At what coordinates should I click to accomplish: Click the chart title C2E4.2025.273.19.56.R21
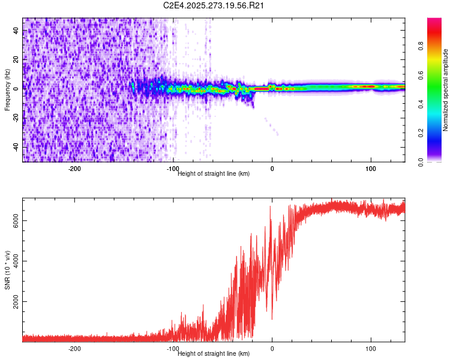(x=214, y=5)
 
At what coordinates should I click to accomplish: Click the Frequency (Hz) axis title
(x=7, y=90)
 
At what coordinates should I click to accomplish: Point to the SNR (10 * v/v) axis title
(x=7, y=270)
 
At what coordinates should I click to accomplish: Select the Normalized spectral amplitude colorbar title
(x=446, y=90)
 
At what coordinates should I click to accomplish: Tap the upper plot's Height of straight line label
(x=214, y=173)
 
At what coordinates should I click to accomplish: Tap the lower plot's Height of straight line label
(x=214, y=353)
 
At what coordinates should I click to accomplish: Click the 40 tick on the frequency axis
(x=16, y=31)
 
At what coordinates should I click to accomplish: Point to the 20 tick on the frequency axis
(x=16, y=60)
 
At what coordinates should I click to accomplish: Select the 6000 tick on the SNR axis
(x=16, y=221)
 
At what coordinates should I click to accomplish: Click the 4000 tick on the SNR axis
(x=16, y=261)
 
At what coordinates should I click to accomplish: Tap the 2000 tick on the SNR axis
(x=16, y=301)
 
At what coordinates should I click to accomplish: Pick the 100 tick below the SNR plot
(x=371, y=349)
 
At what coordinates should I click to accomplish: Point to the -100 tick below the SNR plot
(x=173, y=349)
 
